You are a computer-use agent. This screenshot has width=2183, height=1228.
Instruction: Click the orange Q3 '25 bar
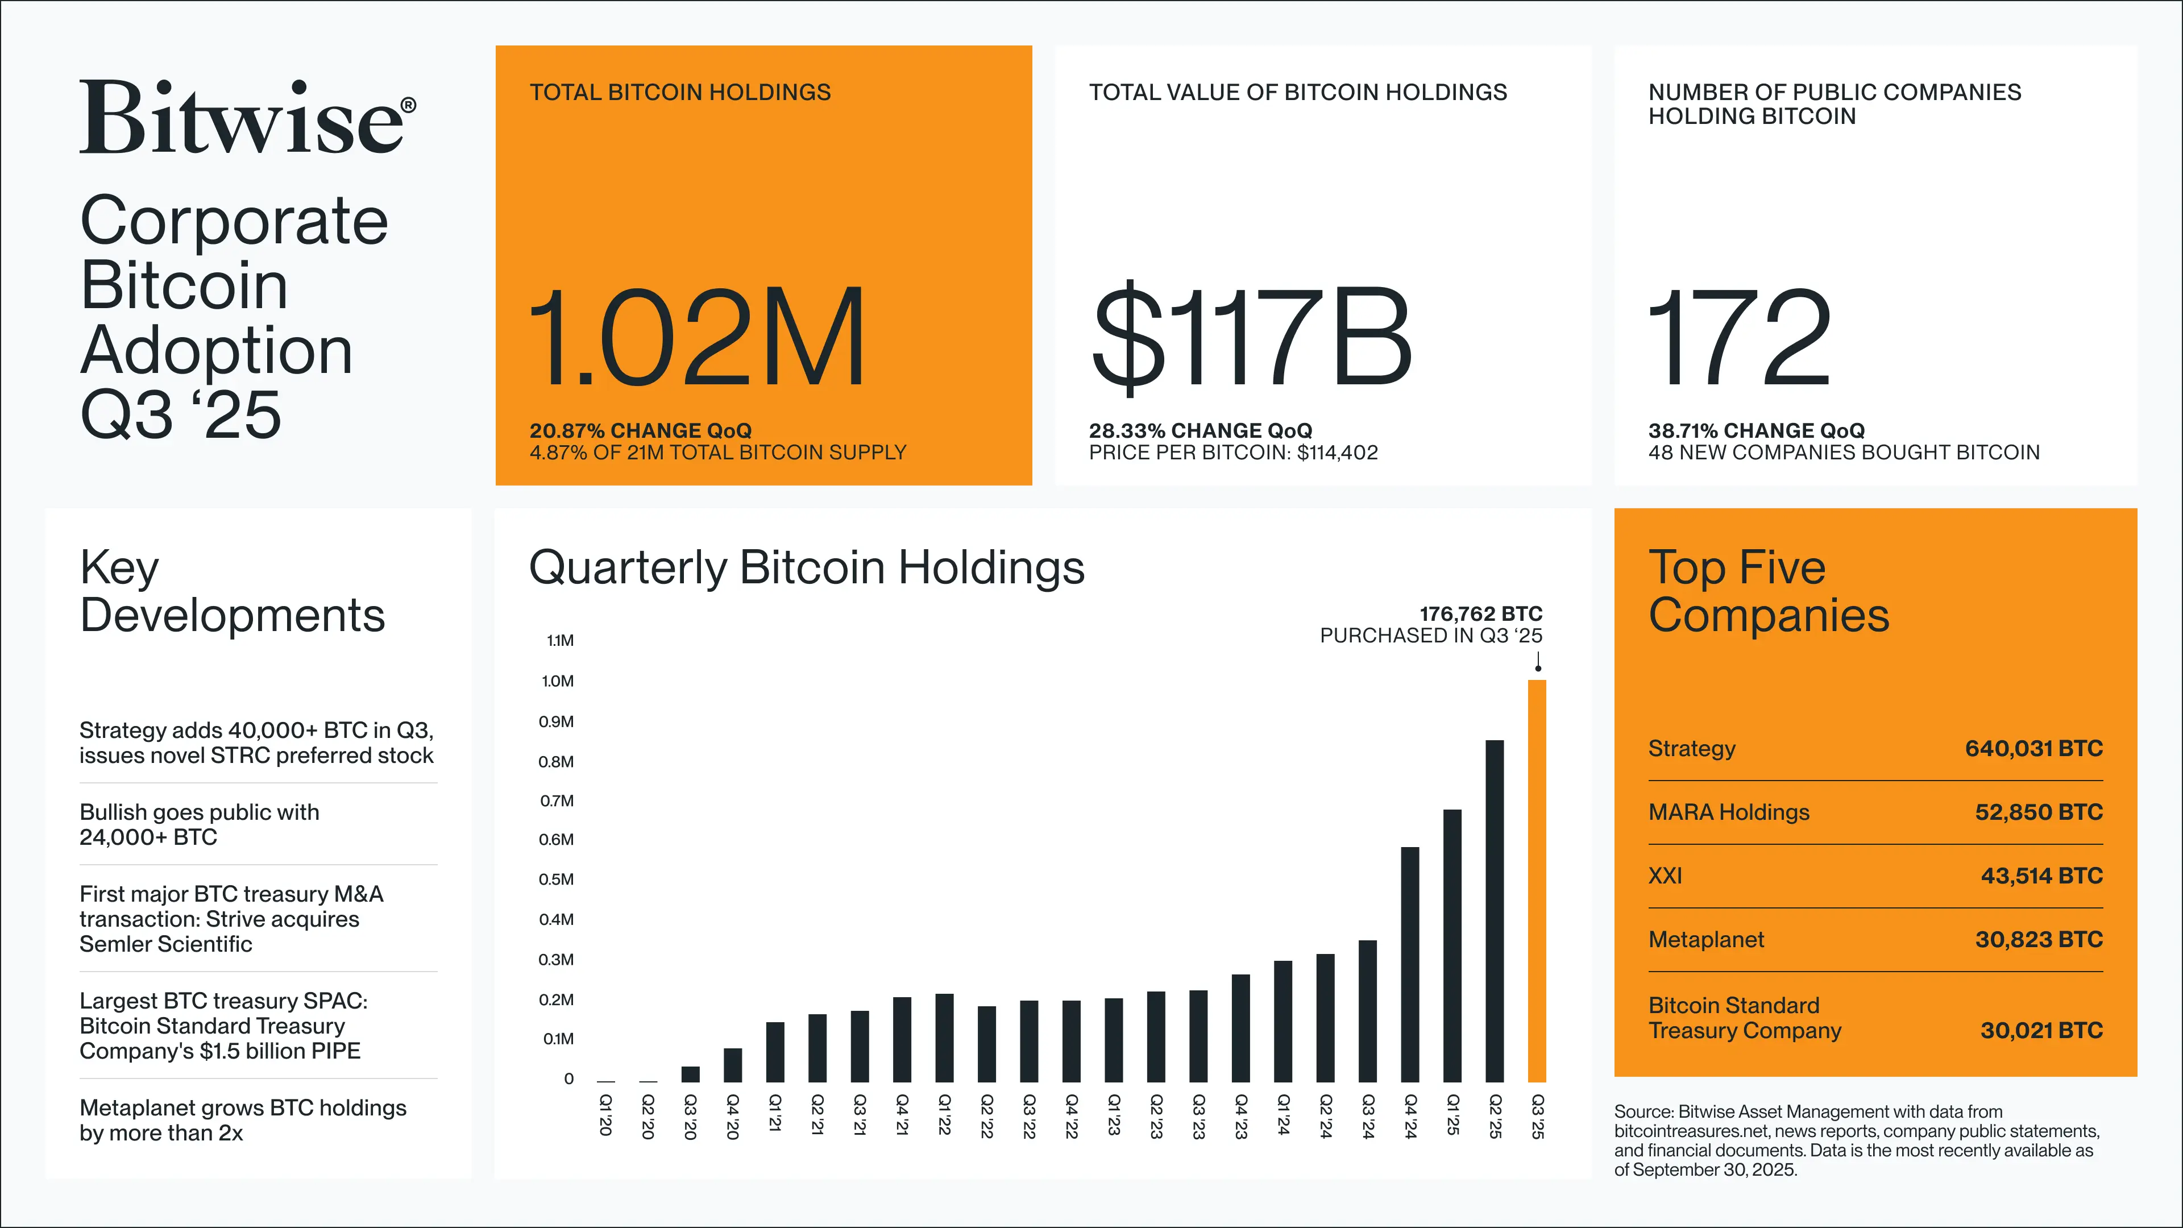point(1537,881)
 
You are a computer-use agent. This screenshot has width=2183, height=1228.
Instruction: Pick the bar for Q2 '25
point(1495,911)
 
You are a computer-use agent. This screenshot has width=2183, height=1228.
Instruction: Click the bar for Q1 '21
point(774,1052)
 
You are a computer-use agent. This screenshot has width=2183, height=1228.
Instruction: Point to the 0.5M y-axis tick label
point(556,879)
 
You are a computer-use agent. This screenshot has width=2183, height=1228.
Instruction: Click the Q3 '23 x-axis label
point(1198,1115)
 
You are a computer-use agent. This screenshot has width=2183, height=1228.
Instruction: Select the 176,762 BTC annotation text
point(1480,613)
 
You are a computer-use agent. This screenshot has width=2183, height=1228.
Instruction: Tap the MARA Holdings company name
point(1728,812)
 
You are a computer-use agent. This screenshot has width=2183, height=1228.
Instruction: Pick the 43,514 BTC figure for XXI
point(2041,876)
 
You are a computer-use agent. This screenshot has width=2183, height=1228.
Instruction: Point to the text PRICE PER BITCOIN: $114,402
point(1233,453)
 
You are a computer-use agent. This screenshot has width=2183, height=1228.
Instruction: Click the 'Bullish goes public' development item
point(199,824)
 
